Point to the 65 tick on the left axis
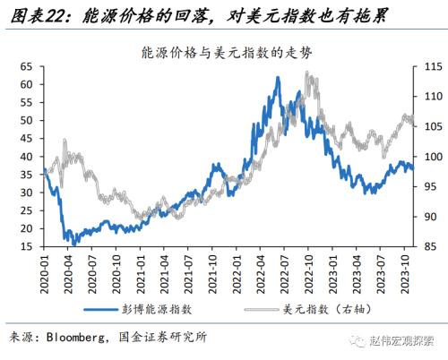pyautogui.click(x=26, y=67)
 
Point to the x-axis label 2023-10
pyautogui.click(x=405, y=271)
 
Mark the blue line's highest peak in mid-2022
pyautogui.click(x=278, y=79)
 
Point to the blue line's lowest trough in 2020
pyautogui.click(x=73, y=243)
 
